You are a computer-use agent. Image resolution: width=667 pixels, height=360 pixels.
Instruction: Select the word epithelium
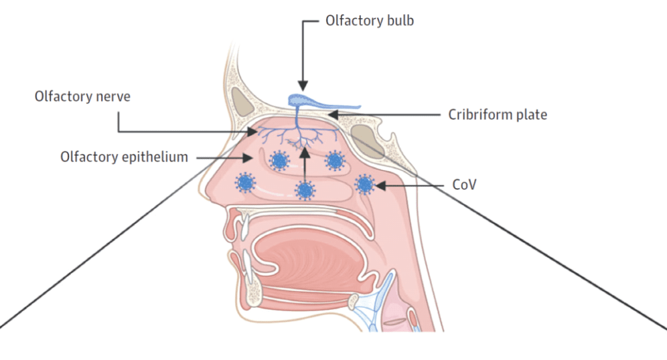click(x=155, y=158)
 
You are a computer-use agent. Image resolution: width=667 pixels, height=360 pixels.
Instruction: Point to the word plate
click(x=530, y=115)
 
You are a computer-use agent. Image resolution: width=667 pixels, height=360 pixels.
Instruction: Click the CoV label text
click(x=464, y=184)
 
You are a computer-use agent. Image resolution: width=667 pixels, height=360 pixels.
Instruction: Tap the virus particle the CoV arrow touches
click(x=365, y=184)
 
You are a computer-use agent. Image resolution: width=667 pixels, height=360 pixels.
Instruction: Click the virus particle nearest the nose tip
click(x=246, y=183)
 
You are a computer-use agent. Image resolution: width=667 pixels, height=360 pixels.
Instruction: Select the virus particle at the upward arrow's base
click(x=305, y=190)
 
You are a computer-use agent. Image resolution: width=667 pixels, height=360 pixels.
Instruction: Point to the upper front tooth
click(x=245, y=227)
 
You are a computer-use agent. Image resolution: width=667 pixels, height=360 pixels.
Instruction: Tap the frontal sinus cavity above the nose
click(x=242, y=101)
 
